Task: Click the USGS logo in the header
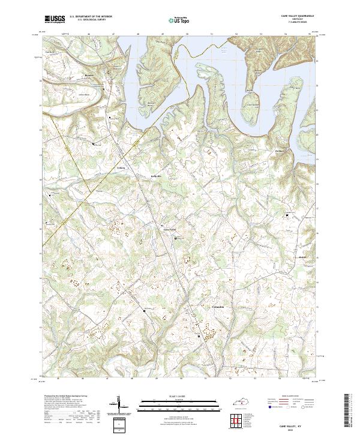coord(55,19)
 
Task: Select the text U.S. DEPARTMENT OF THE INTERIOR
coord(91,17)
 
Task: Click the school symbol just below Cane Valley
coord(176,238)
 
